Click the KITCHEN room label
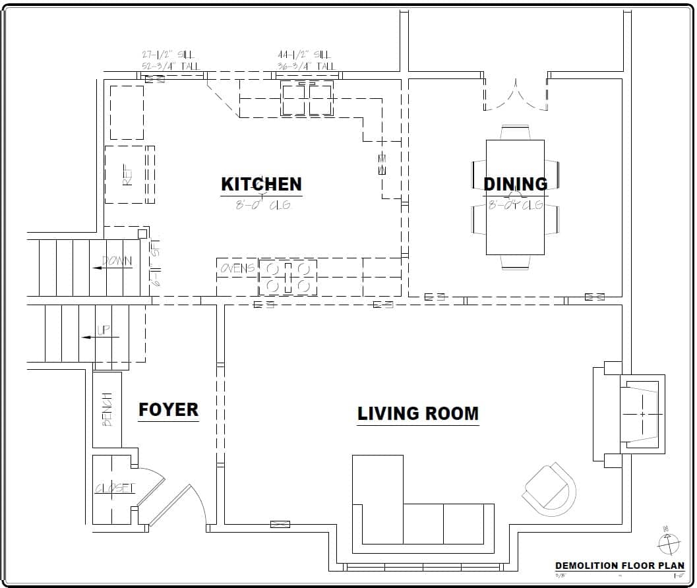pyautogui.click(x=261, y=184)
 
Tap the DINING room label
pyautogui.click(x=515, y=184)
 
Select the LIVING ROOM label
pyautogui.click(x=417, y=413)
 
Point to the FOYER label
pyautogui.click(x=168, y=409)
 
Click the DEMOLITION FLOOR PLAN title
pyautogui.click(x=619, y=566)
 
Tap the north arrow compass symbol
pyautogui.click(x=668, y=543)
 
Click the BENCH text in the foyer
pyautogui.click(x=107, y=409)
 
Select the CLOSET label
pyautogui.click(x=115, y=488)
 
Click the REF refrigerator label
pyautogui.click(x=127, y=175)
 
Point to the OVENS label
pyautogui.click(x=237, y=268)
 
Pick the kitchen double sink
pyautogui.click(x=307, y=99)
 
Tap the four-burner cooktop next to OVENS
pyautogui.click(x=288, y=277)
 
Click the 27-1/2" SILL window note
pyautogui.click(x=169, y=60)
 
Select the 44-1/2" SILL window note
pyautogui.click(x=305, y=60)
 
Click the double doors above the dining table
pyautogui.click(x=515, y=94)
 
